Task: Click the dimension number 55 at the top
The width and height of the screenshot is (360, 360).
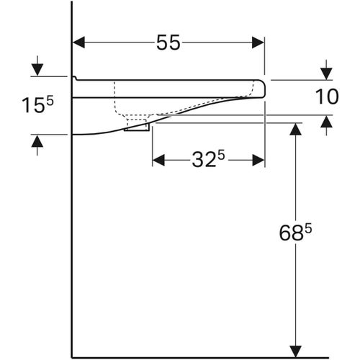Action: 168,43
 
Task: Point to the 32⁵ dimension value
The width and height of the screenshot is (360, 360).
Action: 209,160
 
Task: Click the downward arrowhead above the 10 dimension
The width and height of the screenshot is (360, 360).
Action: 327,73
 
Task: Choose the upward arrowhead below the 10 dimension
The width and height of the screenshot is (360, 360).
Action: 327,121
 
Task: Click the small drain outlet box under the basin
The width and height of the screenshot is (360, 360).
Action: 136,127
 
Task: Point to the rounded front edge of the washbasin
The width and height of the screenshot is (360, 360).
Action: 264,89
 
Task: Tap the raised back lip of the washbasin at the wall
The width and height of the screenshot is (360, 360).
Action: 74,78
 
